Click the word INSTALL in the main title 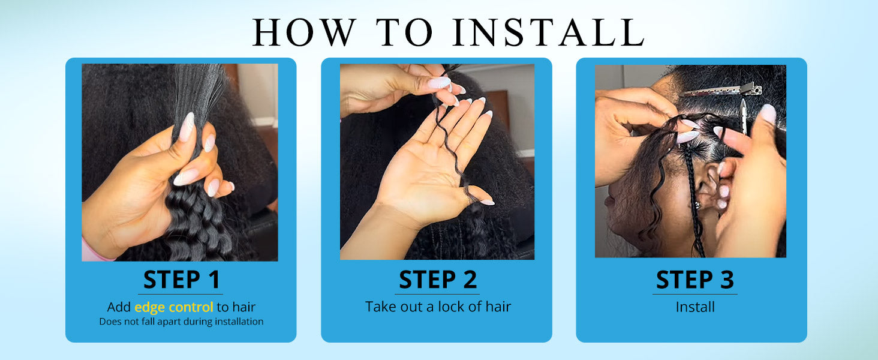coord(548,32)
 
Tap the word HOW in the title coord(305,32)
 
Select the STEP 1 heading coord(181,280)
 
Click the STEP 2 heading coord(437,280)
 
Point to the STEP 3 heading coord(694,280)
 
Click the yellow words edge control coord(174,307)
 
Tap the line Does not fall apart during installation coord(181,322)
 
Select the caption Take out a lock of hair coord(438,306)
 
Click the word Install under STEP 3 coord(695,307)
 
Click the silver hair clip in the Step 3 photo coord(721,91)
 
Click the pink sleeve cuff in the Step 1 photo coord(96,250)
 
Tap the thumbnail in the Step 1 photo coord(187,127)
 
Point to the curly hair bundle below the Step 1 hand coord(198,224)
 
